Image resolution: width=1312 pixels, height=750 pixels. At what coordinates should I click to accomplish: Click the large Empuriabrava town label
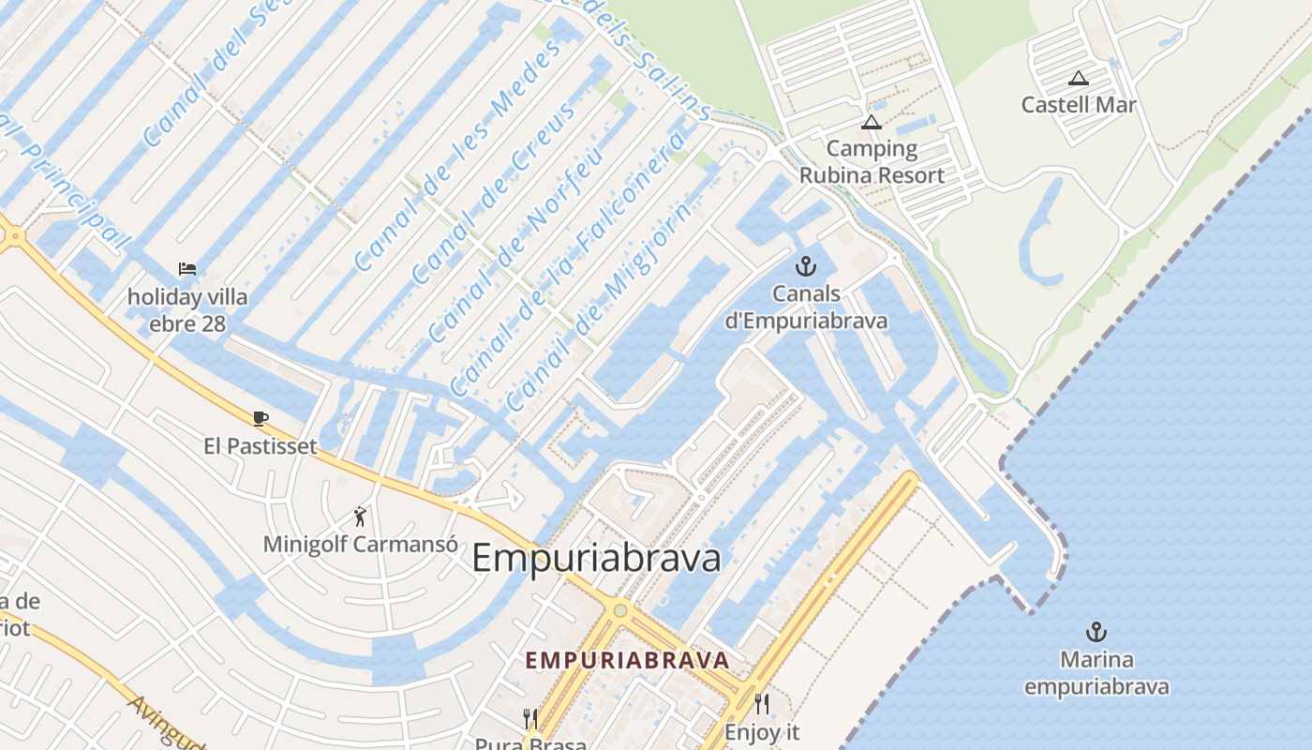pos(597,558)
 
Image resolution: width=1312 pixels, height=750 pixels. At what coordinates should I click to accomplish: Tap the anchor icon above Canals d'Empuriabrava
pos(805,266)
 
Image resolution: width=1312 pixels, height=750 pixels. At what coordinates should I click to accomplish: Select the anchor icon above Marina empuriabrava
pos(1096,632)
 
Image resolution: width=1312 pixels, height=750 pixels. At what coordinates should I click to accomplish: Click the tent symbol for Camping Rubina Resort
pos(872,122)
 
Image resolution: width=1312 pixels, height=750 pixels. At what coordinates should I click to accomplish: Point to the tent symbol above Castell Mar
pos(1079,79)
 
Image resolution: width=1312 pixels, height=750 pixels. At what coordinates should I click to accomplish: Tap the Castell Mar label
pos(1079,104)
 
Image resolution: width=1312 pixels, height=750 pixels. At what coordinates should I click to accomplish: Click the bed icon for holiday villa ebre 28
pos(187,269)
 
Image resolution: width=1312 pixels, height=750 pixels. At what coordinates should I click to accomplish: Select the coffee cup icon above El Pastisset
pos(261,418)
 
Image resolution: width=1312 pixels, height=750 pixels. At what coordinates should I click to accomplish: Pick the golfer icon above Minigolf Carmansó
pos(360,516)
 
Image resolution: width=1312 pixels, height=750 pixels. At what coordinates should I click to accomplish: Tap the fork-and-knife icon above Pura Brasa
pos(530,719)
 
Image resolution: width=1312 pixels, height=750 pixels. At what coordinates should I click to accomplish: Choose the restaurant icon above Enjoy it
pos(762,704)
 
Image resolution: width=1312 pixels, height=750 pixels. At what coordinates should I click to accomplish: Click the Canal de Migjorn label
pos(600,305)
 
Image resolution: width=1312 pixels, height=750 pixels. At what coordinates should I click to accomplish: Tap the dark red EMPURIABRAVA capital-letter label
pos(627,660)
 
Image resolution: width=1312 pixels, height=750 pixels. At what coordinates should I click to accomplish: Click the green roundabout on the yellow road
pos(619,611)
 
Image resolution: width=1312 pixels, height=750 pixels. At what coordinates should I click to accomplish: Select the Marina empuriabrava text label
pos(1096,673)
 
